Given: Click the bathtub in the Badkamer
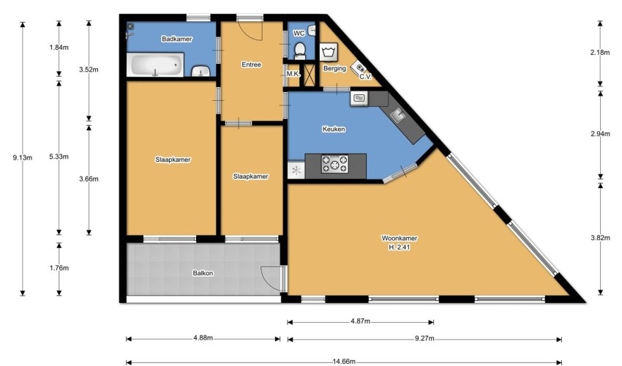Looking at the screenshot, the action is (x=155, y=64).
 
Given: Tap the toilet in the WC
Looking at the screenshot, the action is (x=300, y=50).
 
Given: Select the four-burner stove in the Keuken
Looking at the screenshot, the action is (x=335, y=164).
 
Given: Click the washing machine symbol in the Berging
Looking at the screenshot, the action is (x=329, y=52).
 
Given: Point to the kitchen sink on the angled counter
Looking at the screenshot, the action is (x=397, y=116).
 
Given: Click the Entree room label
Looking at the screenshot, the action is (x=252, y=64).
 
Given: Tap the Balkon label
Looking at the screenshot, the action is (x=203, y=273).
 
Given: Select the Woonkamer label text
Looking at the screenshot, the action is (x=400, y=238).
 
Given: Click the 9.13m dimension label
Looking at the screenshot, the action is (x=22, y=157).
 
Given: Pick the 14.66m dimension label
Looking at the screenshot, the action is (x=343, y=361).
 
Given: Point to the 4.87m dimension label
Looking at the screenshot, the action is (x=360, y=321).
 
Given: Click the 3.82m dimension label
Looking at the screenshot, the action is (x=600, y=238).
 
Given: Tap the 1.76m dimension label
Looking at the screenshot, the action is (x=59, y=268).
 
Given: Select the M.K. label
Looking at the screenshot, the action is (x=293, y=74).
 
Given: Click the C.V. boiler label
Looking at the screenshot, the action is (x=365, y=77).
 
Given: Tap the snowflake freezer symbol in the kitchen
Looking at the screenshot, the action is (x=296, y=171).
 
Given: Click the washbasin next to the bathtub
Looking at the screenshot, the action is (x=201, y=72).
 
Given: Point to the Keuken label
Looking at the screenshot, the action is (x=334, y=129).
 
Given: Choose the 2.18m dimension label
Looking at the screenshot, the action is (x=600, y=52).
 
